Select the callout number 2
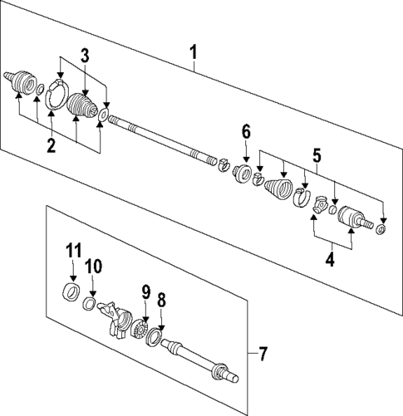51,147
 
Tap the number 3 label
85,56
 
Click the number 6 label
246,131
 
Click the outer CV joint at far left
21,81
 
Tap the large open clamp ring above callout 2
56,95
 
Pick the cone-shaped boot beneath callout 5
275,188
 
